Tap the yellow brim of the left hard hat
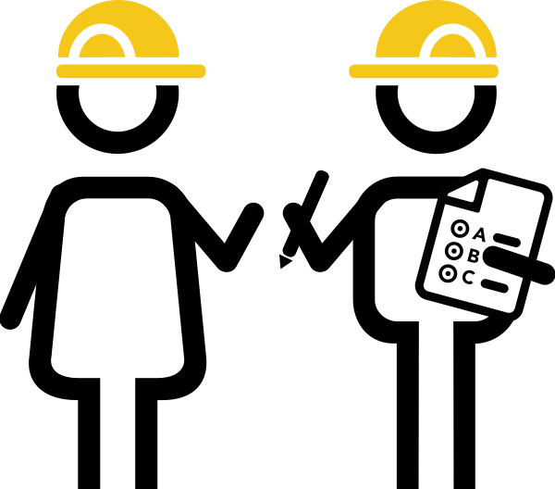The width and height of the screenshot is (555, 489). pyautogui.click(x=130, y=71)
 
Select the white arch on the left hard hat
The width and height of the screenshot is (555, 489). pyautogui.click(x=102, y=32)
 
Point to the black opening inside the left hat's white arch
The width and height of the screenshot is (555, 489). pyautogui.click(x=102, y=51)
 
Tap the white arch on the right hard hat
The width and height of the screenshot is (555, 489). pyautogui.click(x=452, y=33)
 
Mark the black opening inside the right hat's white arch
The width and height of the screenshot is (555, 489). pyautogui.click(x=452, y=52)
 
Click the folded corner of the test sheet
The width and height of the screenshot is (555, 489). pyautogui.click(x=465, y=192)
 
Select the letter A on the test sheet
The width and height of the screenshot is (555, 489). pyautogui.click(x=478, y=234)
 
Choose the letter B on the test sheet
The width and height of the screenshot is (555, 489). pyautogui.click(x=473, y=256)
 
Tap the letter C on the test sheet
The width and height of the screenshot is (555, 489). pyautogui.click(x=468, y=277)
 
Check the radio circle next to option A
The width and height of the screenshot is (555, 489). pyautogui.click(x=460, y=229)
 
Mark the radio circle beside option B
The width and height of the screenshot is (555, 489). pyautogui.click(x=453, y=251)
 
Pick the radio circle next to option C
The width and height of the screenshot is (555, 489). pyautogui.click(x=448, y=273)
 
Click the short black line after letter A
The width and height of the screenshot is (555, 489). pyautogui.click(x=507, y=241)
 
